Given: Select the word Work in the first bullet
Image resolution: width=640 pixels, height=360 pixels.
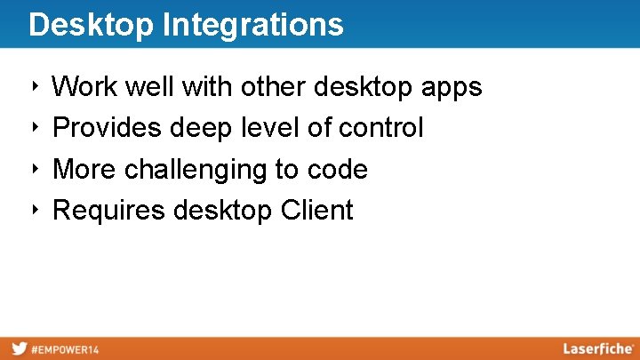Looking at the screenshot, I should [x=86, y=87].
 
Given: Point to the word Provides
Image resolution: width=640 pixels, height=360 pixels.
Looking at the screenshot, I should [x=108, y=129].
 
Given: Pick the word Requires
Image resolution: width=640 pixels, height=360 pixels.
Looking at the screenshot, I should [x=109, y=212].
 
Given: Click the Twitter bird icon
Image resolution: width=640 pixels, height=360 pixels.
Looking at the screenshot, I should [x=18, y=349].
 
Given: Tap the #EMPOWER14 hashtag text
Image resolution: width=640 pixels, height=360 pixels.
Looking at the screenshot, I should [x=65, y=349].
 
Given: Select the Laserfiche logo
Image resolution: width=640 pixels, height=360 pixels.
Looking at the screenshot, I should [x=597, y=348].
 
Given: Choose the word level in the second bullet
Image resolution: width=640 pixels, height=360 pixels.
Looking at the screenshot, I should [x=269, y=128].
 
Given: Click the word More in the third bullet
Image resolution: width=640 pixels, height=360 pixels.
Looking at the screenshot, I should [x=85, y=170].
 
